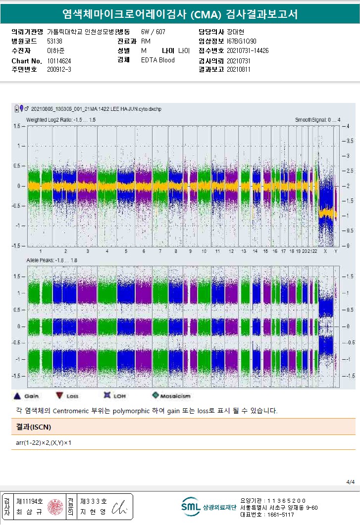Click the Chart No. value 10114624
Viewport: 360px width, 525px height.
click(x=59, y=61)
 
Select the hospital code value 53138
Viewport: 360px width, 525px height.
click(x=54, y=41)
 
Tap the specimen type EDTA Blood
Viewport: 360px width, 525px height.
click(x=157, y=60)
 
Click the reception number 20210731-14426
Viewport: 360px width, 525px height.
click(x=248, y=50)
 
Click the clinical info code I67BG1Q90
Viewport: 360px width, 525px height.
click(x=242, y=41)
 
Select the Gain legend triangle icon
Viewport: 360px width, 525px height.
click(x=17, y=396)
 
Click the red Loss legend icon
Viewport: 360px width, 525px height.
click(x=59, y=396)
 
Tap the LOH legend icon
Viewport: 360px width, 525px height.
click(x=106, y=396)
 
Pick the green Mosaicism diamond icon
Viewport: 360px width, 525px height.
click(x=155, y=396)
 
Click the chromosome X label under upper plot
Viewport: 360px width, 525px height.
click(x=325, y=251)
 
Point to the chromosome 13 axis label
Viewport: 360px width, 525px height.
click(x=244, y=251)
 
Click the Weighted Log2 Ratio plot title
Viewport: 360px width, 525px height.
click(x=61, y=120)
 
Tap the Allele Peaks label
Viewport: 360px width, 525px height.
click(x=52, y=260)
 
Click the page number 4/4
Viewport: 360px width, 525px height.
click(x=351, y=481)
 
